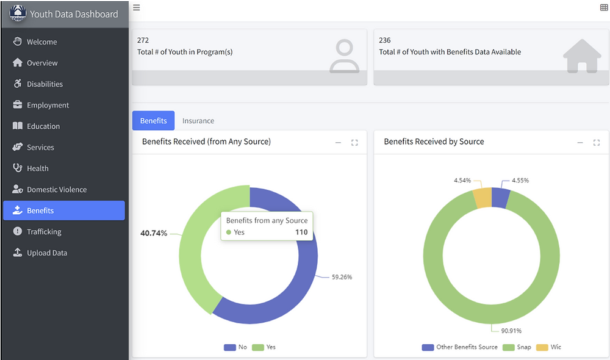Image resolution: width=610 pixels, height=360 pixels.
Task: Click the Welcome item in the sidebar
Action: point(41,42)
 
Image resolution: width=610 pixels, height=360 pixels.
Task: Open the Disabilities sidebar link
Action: point(45,84)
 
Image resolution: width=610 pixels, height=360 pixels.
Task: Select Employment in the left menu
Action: point(48,106)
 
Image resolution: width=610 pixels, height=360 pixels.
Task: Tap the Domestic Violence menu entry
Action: point(56,190)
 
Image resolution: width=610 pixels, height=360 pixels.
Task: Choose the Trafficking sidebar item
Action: point(44,232)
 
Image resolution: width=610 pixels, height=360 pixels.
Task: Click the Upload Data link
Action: point(46,253)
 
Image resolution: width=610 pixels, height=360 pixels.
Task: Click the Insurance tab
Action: point(198,121)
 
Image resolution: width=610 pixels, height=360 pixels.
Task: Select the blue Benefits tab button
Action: point(153,121)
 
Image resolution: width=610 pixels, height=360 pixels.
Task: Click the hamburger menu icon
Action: point(137,7)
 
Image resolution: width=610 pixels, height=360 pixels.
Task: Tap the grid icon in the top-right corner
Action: point(604,7)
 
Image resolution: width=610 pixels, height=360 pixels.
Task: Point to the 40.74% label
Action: point(154,233)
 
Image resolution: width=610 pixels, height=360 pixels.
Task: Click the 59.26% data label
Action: point(342,277)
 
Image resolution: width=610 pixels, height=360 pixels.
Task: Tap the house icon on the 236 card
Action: point(582,57)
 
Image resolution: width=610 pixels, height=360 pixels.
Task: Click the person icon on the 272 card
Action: point(345,57)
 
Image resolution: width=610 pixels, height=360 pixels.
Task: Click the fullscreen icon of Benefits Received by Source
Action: point(597,143)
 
